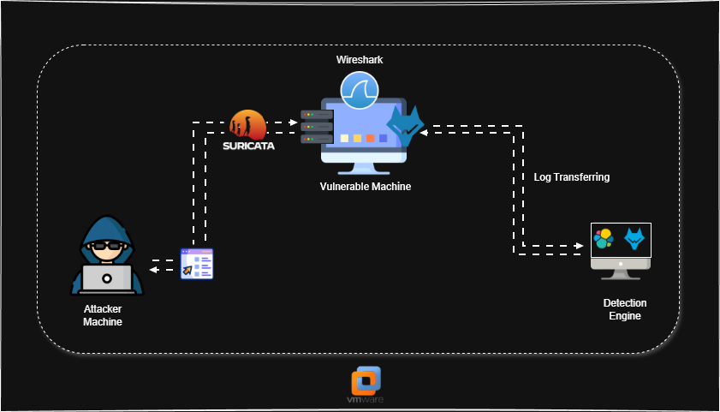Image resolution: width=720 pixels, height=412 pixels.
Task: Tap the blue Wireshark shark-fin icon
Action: click(360, 89)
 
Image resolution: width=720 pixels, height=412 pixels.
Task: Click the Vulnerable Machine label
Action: click(366, 187)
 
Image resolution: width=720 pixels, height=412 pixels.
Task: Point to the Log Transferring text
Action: click(571, 177)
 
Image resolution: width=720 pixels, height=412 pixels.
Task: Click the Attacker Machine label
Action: click(103, 315)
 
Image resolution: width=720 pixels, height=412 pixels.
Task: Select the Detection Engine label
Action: click(625, 309)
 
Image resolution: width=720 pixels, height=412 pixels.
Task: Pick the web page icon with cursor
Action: click(197, 264)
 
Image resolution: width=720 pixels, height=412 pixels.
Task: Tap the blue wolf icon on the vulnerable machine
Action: click(405, 127)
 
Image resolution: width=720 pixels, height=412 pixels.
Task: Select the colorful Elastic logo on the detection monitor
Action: click(604, 239)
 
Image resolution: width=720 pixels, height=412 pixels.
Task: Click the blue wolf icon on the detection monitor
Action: click(634, 239)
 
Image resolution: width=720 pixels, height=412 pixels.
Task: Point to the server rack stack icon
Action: click(316, 126)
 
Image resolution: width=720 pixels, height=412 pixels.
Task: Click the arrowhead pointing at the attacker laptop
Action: click(152, 270)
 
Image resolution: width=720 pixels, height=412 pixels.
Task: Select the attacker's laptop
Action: click(107, 279)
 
